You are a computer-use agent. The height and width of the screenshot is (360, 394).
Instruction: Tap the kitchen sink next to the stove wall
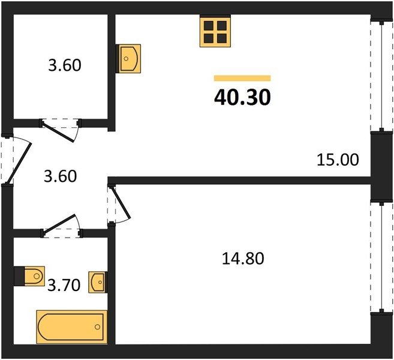point(130,59)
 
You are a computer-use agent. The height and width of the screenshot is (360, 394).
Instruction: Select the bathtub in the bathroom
point(72,327)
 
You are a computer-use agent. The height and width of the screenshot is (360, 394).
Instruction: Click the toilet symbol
point(34,276)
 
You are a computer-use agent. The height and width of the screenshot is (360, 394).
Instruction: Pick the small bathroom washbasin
point(97,282)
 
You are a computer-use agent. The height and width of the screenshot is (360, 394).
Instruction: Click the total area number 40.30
point(242,97)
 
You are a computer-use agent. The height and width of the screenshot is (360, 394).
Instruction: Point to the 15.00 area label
point(338,160)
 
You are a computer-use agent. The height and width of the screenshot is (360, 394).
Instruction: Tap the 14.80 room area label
point(243,259)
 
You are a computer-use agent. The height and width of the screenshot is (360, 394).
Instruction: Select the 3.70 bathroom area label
point(64,286)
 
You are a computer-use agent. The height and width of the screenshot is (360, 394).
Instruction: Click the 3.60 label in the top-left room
point(65,65)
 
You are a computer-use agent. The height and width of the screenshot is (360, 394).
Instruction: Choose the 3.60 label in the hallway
point(61,176)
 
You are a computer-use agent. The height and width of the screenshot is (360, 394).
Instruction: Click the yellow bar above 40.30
point(242,78)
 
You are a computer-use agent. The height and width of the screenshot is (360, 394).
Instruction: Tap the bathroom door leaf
point(59,223)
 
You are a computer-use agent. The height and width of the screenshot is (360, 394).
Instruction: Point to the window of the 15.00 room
point(381,76)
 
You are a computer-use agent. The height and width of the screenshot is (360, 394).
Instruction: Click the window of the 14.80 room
point(381,257)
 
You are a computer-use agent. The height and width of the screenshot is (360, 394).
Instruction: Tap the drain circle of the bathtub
point(98,327)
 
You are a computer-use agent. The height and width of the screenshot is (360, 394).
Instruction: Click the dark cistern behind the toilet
point(19,276)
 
